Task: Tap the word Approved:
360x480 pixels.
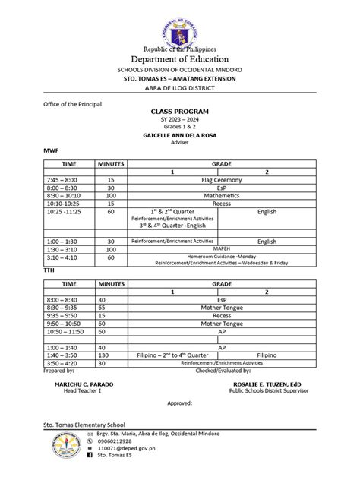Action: [180, 406]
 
